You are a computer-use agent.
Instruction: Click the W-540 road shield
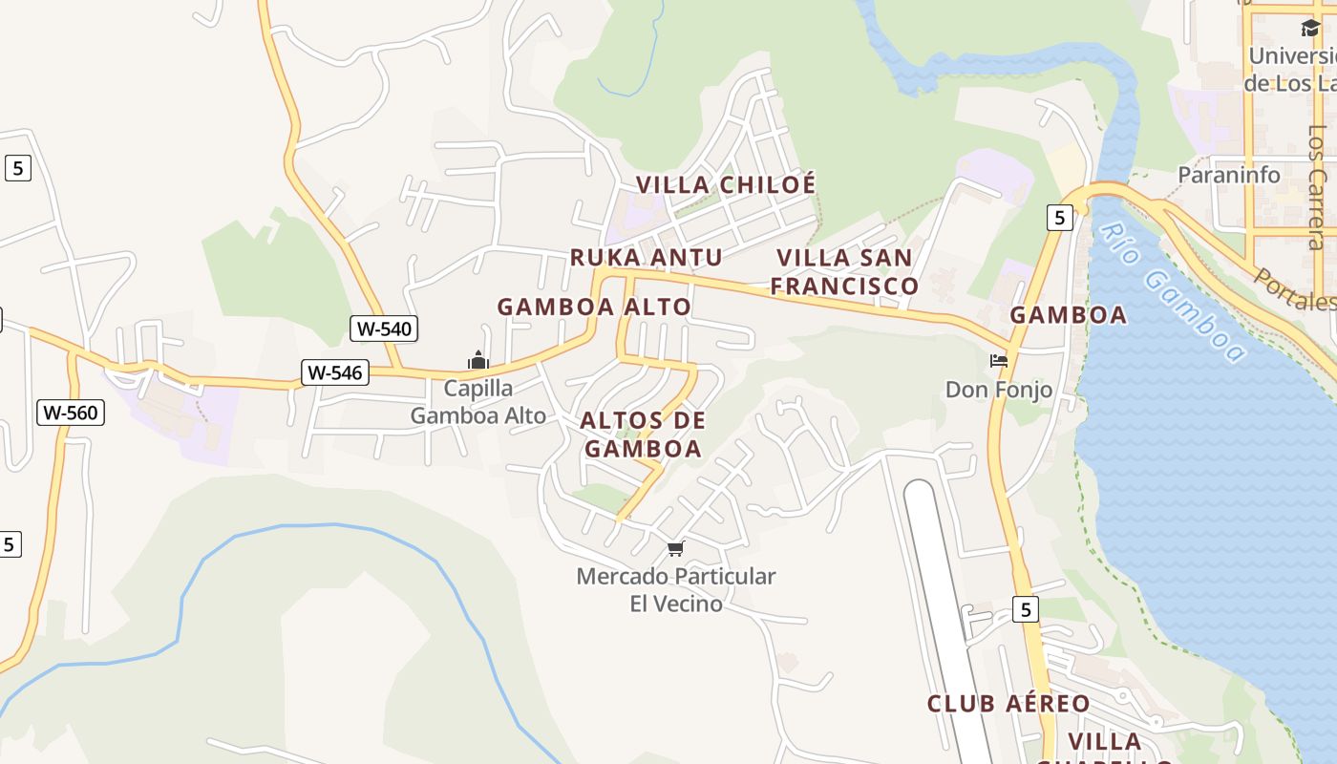(384, 329)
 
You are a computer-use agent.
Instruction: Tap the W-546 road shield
(335, 372)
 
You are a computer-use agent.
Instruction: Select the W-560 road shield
(71, 413)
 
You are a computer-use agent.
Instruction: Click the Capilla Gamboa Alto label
(478, 402)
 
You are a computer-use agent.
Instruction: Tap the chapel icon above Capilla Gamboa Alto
(478, 360)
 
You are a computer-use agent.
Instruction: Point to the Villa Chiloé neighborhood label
(726, 184)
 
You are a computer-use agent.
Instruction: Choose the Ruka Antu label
(646, 257)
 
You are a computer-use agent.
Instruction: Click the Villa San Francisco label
(844, 271)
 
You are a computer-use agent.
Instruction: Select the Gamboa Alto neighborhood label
(594, 307)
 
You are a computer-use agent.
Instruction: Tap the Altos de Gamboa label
(643, 435)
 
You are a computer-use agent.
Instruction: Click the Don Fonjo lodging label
(999, 390)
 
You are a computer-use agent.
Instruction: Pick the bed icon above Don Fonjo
(999, 361)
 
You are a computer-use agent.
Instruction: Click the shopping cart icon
(676, 548)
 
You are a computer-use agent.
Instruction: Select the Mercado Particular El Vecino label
(676, 589)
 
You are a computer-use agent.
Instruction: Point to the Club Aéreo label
(1008, 704)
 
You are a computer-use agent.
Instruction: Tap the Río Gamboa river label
(1172, 292)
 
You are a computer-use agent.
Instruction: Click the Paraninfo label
(1229, 175)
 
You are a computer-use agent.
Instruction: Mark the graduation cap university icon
(1310, 29)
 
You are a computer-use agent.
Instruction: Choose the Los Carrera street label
(1318, 186)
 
